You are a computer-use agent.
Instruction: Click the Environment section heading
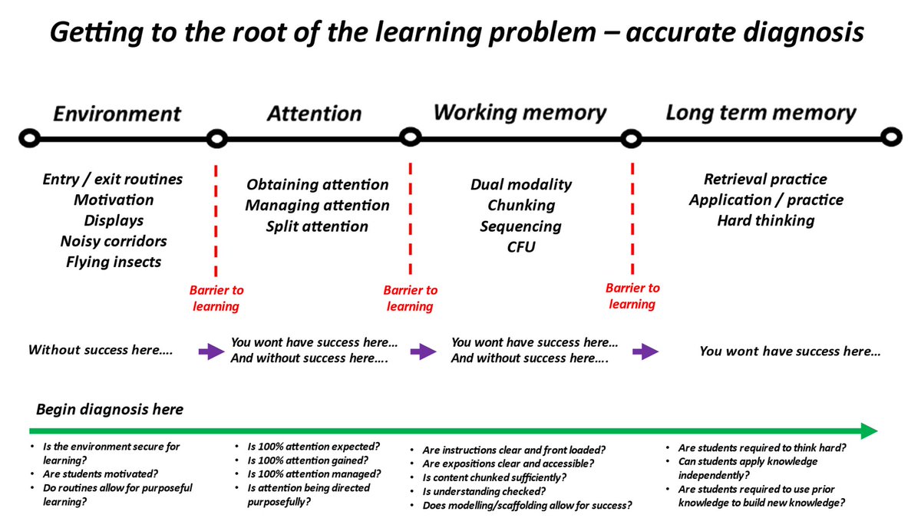117,114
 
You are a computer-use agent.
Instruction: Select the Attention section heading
314,114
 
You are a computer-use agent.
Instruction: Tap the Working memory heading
520,113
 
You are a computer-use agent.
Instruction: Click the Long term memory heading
761,113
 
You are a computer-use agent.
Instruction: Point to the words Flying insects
113,262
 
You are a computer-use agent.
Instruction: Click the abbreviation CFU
520,247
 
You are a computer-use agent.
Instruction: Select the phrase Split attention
317,226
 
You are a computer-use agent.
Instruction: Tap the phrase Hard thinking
765,221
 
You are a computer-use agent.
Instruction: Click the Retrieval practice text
765,180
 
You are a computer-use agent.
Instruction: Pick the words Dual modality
520,185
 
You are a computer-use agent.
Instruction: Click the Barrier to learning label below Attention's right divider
410,299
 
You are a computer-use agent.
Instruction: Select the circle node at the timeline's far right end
890,138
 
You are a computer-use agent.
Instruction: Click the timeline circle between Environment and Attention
217,139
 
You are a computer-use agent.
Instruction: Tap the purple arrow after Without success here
208,351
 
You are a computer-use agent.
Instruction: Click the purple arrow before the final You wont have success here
645,351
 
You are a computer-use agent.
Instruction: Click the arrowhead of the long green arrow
868,431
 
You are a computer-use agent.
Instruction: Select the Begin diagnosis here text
110,409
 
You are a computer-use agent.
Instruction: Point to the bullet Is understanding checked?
484,491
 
